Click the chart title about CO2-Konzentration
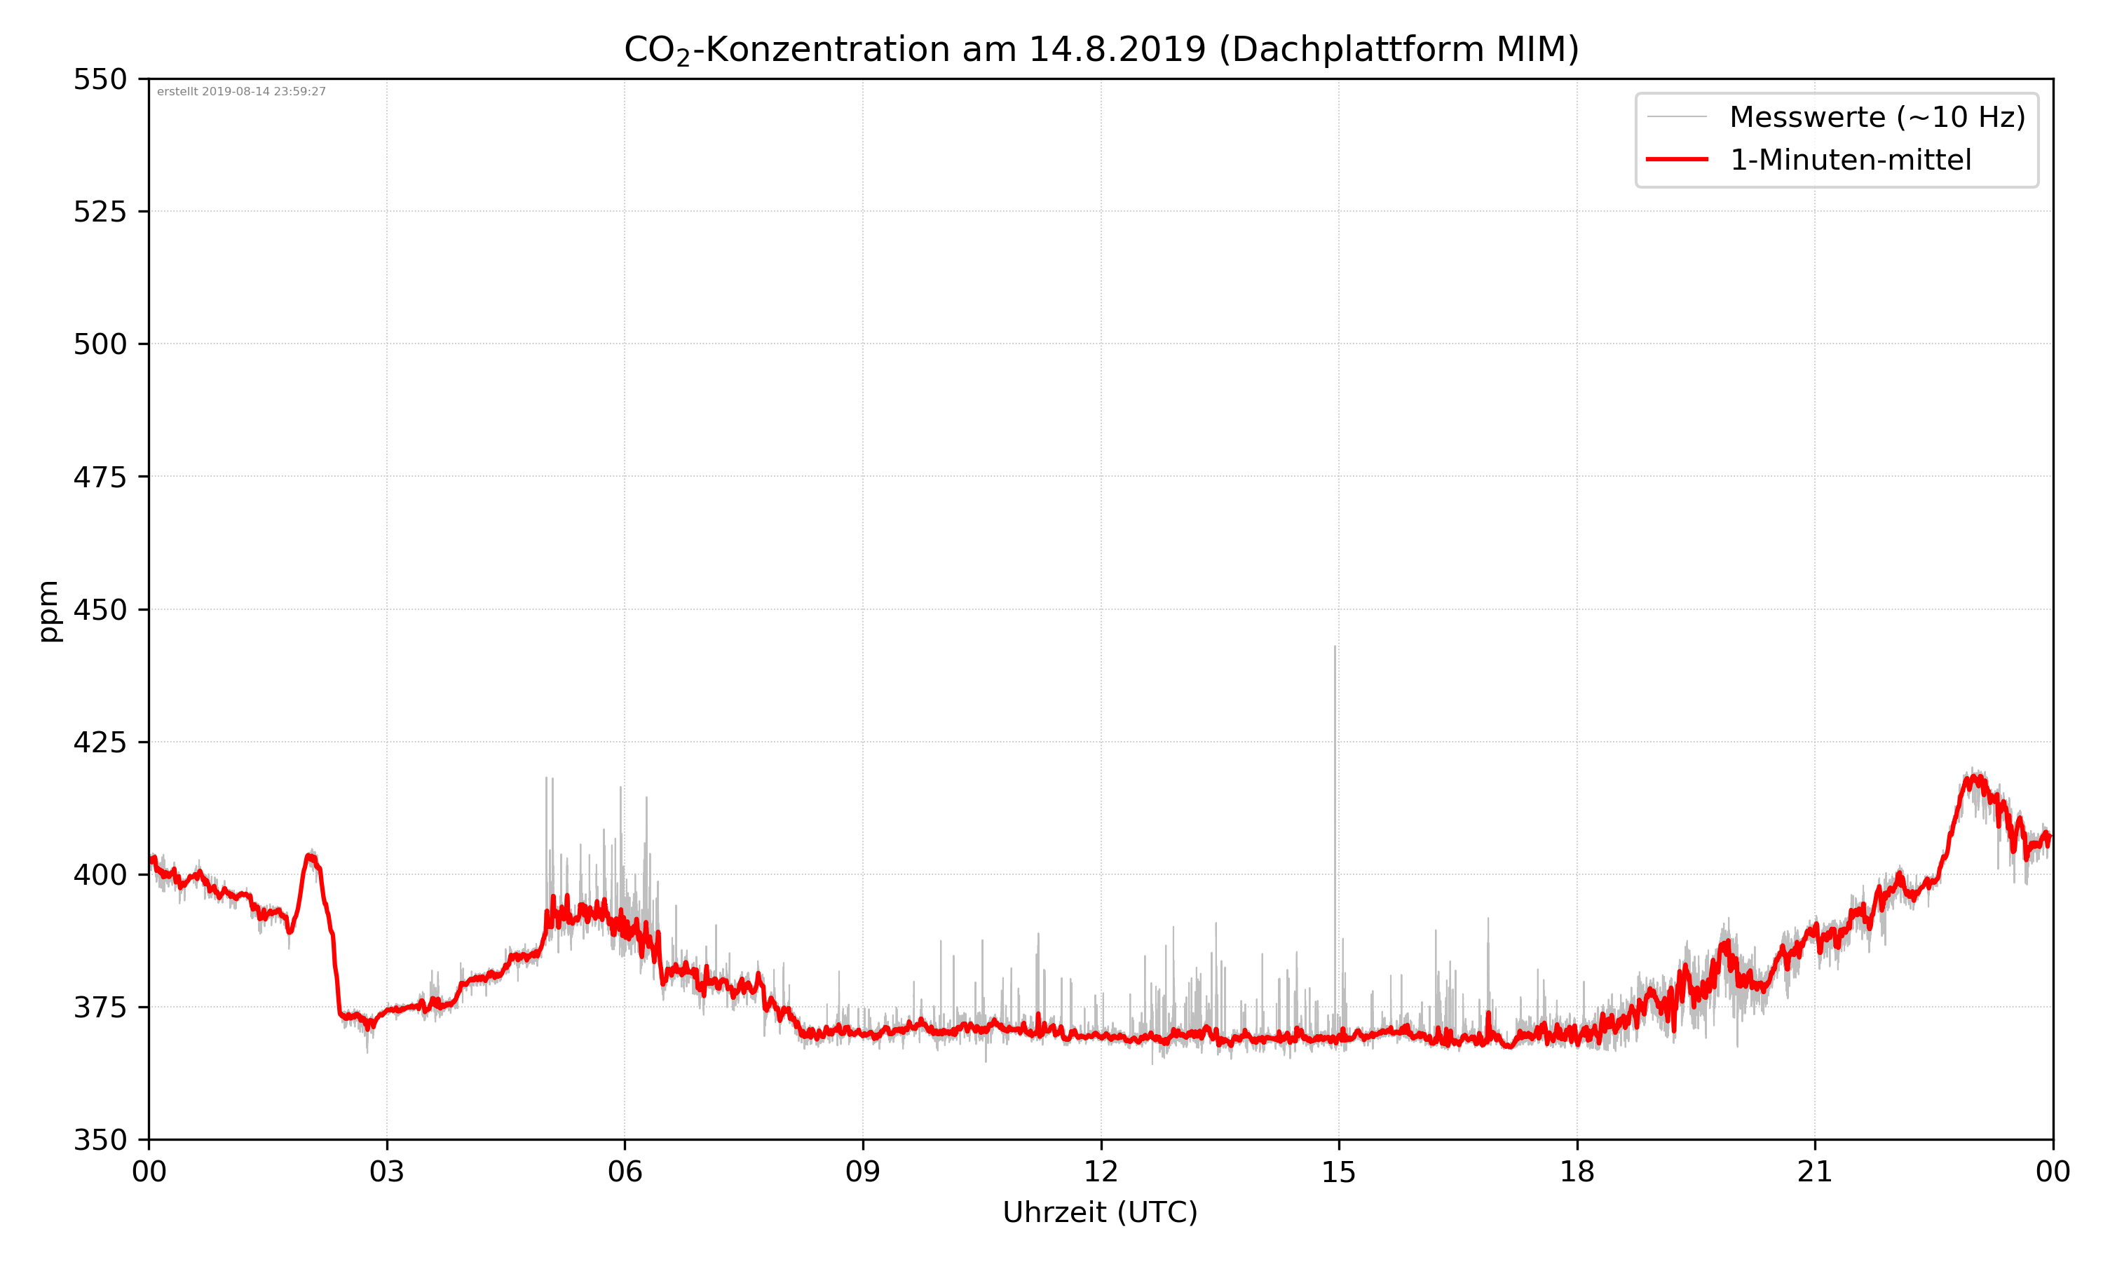click(x=1101, y=49)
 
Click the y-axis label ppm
click(x=49, y=611)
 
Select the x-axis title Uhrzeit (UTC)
click(x=1100, y=1212)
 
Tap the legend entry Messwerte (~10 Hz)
click(x=1877, y=117)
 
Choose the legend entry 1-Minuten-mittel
click(x=1850, y=160)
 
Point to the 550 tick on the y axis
click(x=100, y=79)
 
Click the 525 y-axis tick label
click(x=100, y=212)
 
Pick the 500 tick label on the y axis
click(x=100, y=344)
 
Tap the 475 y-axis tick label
click(x=100, y=477)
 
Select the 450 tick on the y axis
click(x=100, y=610)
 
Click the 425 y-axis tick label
click(x=100, y=742)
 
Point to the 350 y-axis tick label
click(x=100, y=1139)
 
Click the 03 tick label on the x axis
click(x=387, y=1172)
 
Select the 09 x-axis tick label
click(x=863, y=1172)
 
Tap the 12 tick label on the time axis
click(x=1101, y=1172)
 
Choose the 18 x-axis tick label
click(x=1577, y=1172)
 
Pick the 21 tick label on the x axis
click(x=1815, y=1172)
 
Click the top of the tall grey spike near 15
click(x=1335, y=647)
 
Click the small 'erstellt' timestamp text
click(x=241, y=92)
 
